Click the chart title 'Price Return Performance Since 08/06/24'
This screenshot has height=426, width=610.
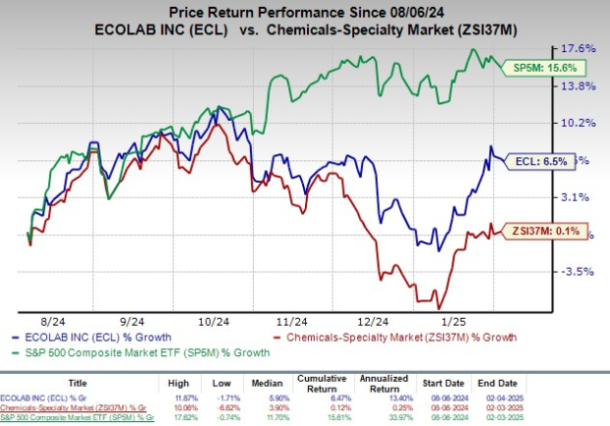pos(305,11)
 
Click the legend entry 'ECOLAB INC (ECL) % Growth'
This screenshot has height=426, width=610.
pos(89,338)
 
